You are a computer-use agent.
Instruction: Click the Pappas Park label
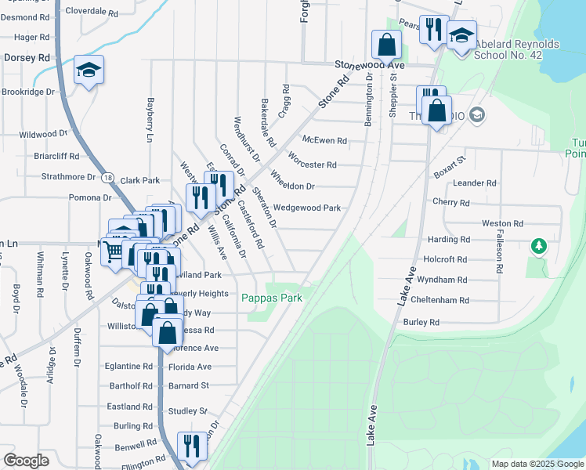[x=271, y=298]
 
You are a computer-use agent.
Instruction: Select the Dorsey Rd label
[x=27, y=57]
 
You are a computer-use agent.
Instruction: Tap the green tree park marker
[x=538, y=247]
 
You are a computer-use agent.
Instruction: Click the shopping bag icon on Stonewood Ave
[x=386, y=43]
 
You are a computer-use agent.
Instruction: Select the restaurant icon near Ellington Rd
[x=191, y=446]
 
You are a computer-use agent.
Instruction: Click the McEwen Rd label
[x=324, y=141]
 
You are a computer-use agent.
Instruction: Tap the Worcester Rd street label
[x=312, y=164]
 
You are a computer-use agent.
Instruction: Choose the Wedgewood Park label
[x=306, y=208]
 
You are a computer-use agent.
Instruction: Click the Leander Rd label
[x=475, y=183]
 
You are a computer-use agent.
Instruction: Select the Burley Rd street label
[x=421, y=322]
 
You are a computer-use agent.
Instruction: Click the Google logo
[x=26, y=460]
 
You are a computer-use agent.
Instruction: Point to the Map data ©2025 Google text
[x=537, y=464]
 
